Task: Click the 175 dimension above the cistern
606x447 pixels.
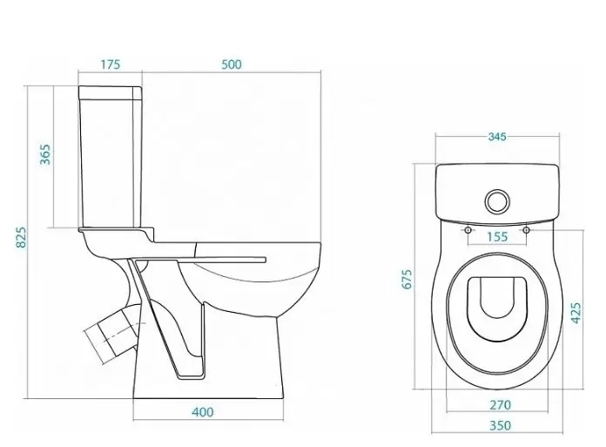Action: pos(111,64)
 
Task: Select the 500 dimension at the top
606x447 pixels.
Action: pos(232,64)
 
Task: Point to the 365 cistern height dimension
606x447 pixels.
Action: pos(45,154)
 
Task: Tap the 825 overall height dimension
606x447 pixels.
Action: pos(22,237)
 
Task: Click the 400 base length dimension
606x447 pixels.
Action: pos(203,412)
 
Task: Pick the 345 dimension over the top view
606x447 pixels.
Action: pos(497,137)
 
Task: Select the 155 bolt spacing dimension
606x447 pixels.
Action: pos(497,236)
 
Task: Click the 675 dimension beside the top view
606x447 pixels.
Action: pos(407,279)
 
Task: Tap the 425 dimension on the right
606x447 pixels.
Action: pos(576,313)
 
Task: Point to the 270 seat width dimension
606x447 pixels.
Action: pos(500,405)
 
